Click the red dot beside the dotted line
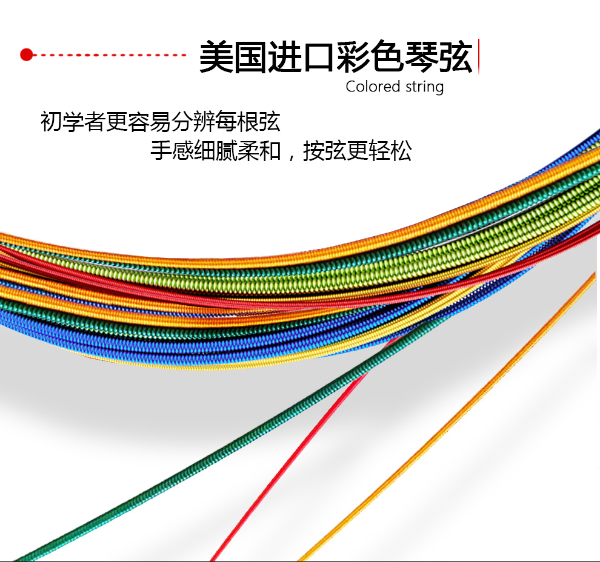pos(25,55)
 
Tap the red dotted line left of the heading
pos(109,55)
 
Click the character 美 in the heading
pos(217,58)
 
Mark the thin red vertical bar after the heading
pos(479,56)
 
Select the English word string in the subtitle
pos(424,87)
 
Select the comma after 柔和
pos(292,156)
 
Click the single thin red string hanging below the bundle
pos(285,472)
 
